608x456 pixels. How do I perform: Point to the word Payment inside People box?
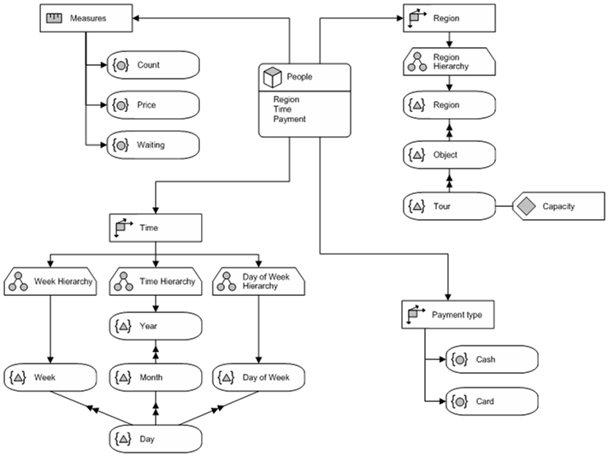(288, 120)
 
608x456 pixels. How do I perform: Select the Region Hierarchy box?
(449, 62)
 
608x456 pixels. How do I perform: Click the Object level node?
(449, 156)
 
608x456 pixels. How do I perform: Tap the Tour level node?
(449, 206)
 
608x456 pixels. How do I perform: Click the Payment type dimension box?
(449, 315)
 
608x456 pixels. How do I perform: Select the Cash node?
(492, 360)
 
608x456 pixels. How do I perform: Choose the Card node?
(492, 401)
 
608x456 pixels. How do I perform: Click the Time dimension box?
(156, 228)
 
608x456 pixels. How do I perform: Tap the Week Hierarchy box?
(51, 281)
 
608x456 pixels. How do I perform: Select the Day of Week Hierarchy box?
(259, 281)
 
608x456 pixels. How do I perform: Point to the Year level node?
(156, 326)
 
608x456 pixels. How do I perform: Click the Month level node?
(156, 377)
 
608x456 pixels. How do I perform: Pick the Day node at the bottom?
(156, 440)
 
